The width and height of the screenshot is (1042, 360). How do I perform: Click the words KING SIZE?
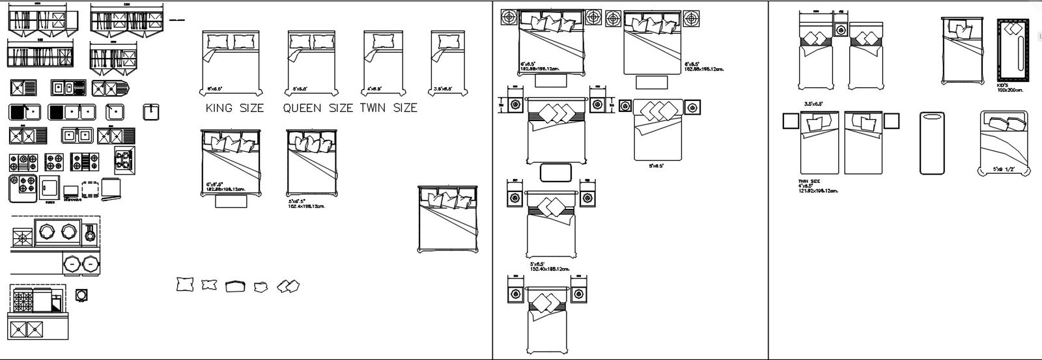point(234,108)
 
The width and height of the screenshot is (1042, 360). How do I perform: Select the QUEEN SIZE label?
point(318,108)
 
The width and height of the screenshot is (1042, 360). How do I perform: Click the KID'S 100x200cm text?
point(1010,88)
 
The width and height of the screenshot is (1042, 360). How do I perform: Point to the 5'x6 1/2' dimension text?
point(1004,169)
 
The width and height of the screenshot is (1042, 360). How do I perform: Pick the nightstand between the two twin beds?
point(841,30)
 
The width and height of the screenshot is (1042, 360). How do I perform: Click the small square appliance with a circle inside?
point(81,295)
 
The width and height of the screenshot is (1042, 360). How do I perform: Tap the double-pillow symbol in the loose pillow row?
point(288,286)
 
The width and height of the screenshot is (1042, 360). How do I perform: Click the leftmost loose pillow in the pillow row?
point(185,284)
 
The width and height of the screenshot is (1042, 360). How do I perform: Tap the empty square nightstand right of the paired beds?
point(892,121)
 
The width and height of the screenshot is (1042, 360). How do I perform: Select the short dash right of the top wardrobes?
point(175,21)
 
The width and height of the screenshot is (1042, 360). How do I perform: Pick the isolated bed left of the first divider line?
point(449,219)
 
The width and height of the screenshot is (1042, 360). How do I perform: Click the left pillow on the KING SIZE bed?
point(218,42)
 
